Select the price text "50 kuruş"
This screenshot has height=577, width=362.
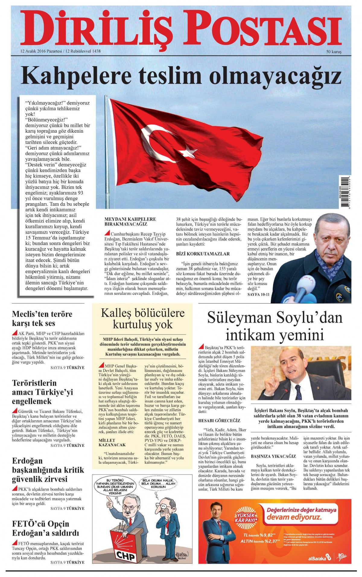334,52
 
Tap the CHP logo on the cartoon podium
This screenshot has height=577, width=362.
125,555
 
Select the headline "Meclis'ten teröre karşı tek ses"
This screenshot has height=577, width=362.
42,318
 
